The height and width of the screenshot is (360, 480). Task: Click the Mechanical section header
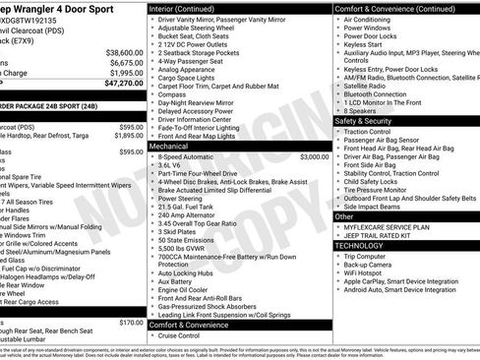[169, 146]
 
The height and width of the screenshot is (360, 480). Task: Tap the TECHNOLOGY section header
[367, 245]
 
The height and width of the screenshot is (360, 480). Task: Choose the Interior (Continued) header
[188, 8]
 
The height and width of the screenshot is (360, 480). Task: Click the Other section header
[345, 215]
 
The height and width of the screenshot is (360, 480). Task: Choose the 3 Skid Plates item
[179, 232]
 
